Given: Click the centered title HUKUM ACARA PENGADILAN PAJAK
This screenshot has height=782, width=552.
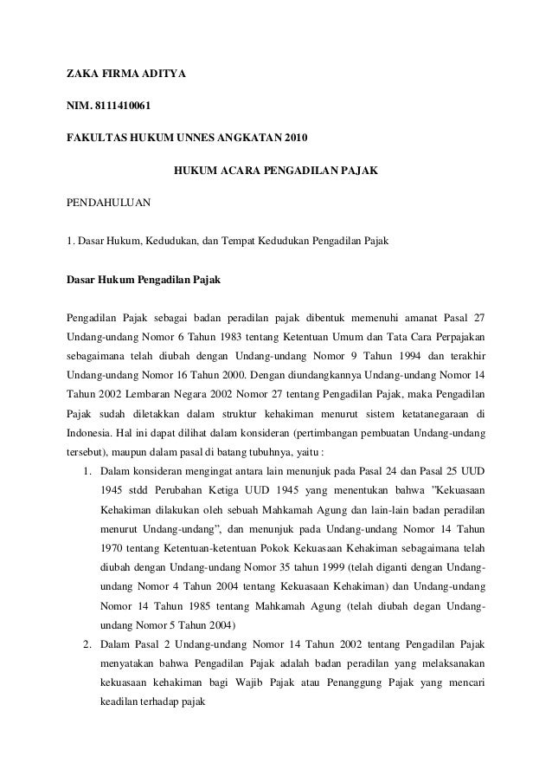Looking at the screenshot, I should tap(276, 171).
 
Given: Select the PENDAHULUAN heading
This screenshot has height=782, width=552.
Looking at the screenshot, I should tap(109, 203).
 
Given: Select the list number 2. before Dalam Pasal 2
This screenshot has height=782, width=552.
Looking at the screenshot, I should tap(88, 644).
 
